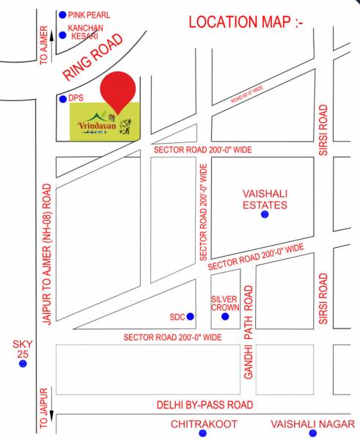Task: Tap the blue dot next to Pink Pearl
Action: pos(62,14)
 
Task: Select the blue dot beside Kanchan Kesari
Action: pos(62,34)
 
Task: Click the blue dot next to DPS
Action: pos(62,99)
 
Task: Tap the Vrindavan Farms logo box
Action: pos(103,122)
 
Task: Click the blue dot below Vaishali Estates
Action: pos(264,215)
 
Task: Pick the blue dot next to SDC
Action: pos(191,317)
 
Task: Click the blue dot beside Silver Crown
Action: pos(225,317)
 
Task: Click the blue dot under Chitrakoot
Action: pos(203,433)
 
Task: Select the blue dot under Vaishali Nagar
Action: pos(312,433)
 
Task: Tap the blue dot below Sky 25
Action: pos(23,363)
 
